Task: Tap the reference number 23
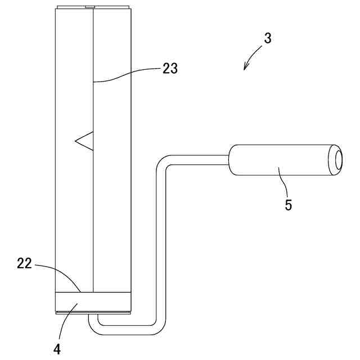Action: [170, 69]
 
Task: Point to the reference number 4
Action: [57, 349]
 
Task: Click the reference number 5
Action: [288, 205]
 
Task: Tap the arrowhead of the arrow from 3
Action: [245, 69]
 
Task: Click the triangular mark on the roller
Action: [85, 141]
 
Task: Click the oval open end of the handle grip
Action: [338, 159]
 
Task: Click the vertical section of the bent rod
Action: [161, 242]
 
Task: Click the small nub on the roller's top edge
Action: [89, 7]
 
